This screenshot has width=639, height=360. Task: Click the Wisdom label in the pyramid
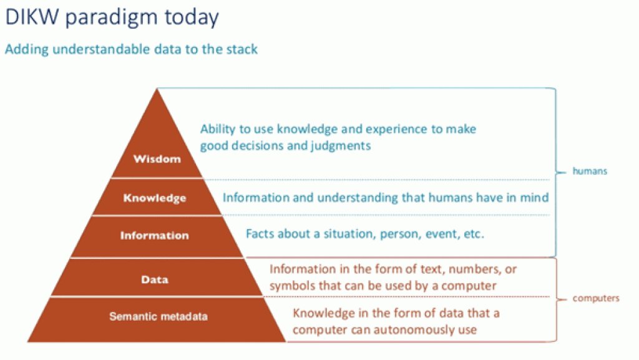tap(157, 159)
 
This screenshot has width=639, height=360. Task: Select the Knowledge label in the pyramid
tap(155, 198)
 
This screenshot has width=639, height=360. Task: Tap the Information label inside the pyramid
tap(154, 236)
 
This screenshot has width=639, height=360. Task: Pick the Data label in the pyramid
tap(155, 280)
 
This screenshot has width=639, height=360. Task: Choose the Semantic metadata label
tap(159, 316)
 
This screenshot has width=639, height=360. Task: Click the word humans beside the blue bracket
tap(590, 171)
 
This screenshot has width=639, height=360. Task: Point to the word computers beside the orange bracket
tap(596, 298)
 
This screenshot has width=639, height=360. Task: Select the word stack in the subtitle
tap(240, 49)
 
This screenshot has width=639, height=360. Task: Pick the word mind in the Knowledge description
tap(535, 198)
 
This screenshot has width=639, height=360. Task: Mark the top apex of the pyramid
tap(157, 89)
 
